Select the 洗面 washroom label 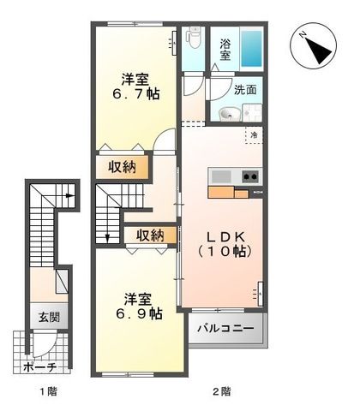pos(245,89)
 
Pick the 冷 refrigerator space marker pos(255,134)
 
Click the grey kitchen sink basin pos(221,177)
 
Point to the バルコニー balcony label pos(226,328)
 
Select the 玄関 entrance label pos(46,316)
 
